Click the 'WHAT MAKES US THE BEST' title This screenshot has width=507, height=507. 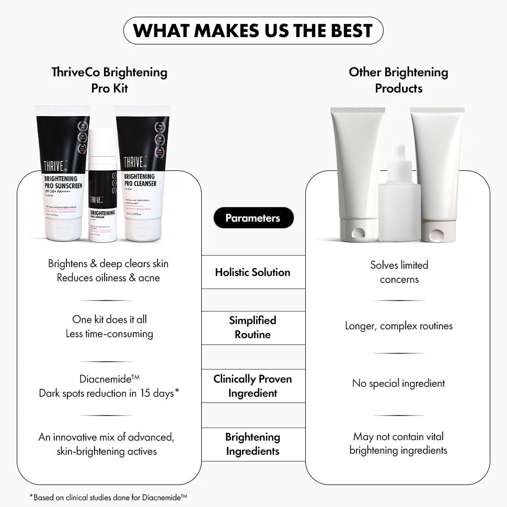point(253,31)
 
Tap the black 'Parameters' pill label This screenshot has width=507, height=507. point(253,218)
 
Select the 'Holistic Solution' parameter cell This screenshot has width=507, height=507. point(253,272)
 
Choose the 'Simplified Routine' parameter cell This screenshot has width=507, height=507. point(253,328)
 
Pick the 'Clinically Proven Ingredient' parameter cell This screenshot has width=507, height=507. point(253,386)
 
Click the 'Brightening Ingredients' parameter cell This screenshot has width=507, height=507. point(253,444)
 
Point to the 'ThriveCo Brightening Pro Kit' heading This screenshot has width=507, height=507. point(109,80)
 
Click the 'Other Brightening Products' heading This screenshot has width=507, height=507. point(398,80)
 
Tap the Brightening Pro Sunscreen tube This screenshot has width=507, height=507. point(63,172)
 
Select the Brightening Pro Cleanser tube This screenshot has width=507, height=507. point(142,172)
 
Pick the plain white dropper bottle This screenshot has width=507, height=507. point(399,199)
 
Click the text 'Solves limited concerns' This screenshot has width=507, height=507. point(399,272)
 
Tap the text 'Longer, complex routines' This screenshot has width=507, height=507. point(398,326)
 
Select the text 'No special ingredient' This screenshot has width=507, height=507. point(398,384)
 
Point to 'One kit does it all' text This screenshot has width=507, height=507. point(109,319)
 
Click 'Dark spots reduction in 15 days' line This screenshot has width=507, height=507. point(109,393)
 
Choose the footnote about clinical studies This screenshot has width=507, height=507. point(108,498)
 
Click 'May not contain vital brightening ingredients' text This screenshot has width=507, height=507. point(398,443)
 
